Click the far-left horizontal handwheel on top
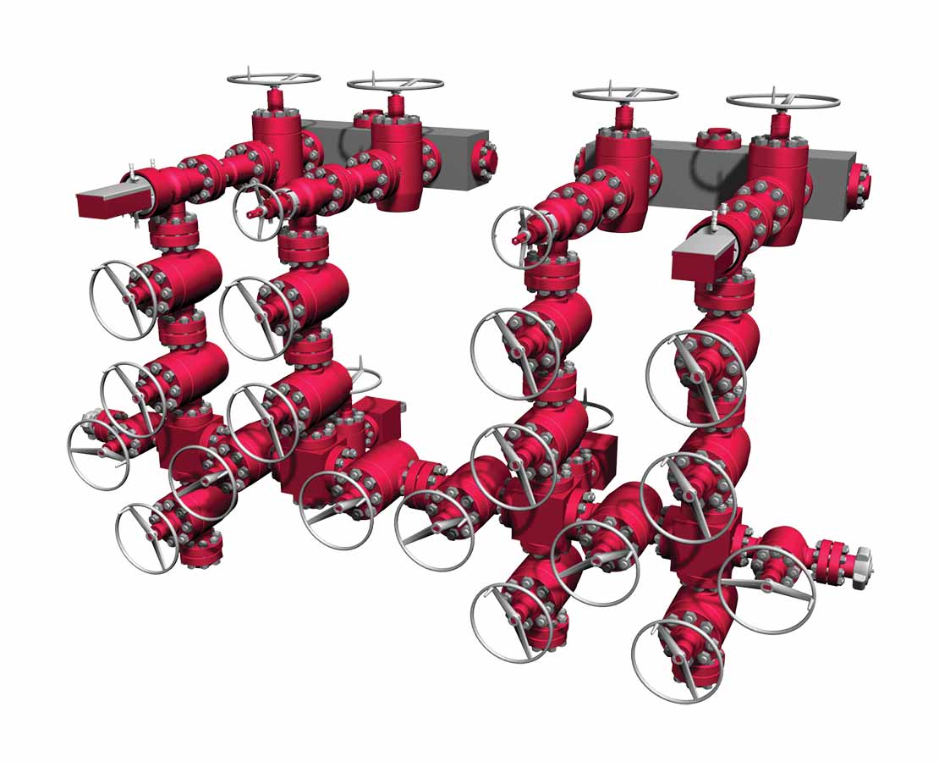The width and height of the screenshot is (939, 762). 273,79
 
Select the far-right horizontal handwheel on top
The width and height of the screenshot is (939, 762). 782,101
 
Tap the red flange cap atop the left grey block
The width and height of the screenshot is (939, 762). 365,118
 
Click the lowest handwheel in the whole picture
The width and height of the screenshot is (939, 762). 677,660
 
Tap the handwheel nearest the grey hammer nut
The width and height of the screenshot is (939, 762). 766,588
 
